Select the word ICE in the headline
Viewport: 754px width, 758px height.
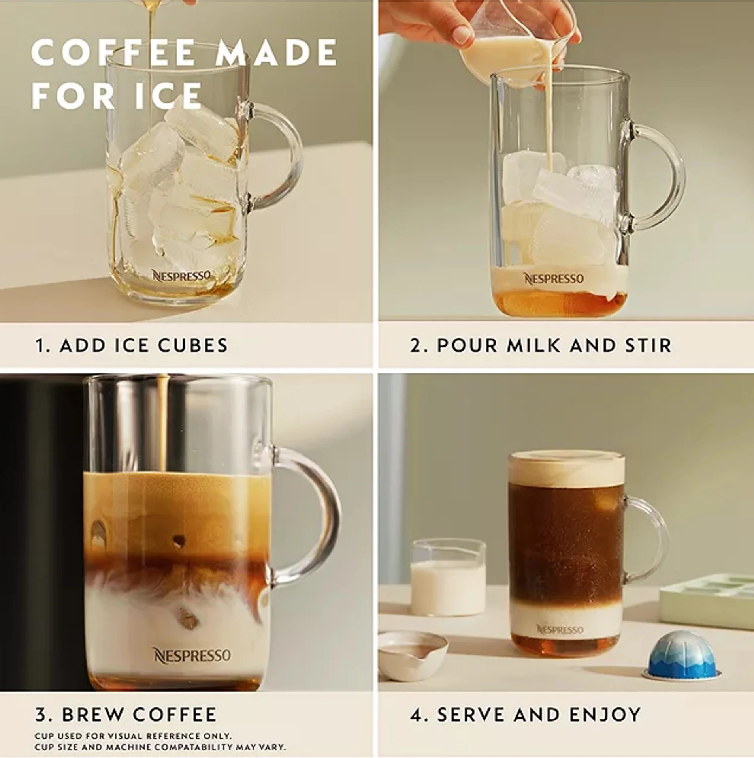pos(169,96)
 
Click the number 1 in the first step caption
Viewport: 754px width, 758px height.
pos(40,345)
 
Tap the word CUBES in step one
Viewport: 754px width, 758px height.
pos(193,345)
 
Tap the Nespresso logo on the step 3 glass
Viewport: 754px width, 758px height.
pos(192,655)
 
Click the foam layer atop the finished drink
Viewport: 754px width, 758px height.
pos(567,468)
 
